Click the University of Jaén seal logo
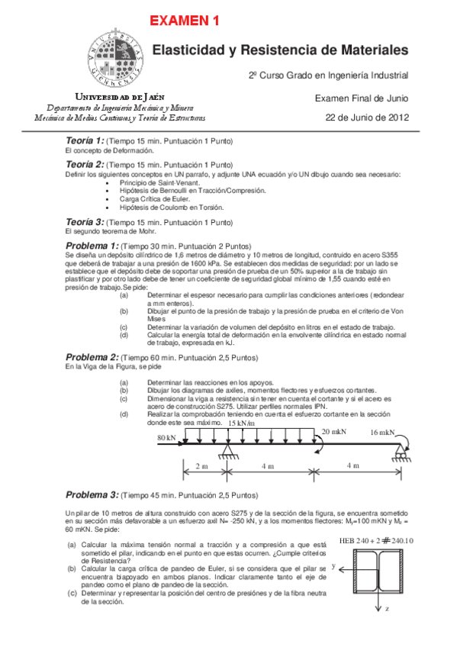point(115,54)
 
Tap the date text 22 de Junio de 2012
point(367,117)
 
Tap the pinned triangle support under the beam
point(226,454)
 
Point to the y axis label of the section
point(334,566)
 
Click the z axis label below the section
point(388,610)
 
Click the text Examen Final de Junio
point(362,98)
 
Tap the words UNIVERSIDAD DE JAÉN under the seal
point(117,98)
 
